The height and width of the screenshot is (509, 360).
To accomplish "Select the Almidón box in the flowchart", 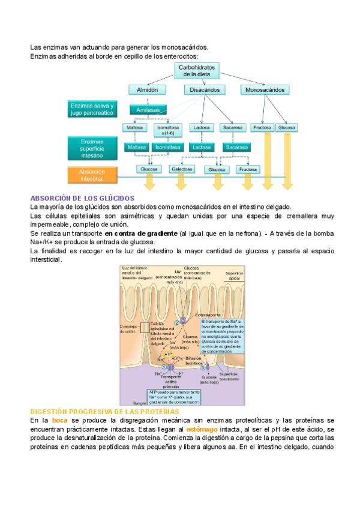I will point(147,89).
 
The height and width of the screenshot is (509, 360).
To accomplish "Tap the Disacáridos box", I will point(205,89).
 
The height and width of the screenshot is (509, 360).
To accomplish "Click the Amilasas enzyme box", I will point(148,110).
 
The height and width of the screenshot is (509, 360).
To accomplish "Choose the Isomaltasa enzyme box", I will point(167,147).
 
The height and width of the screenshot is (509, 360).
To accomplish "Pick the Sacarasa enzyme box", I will point(236,147).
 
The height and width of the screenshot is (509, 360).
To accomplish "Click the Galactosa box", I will point(182,169).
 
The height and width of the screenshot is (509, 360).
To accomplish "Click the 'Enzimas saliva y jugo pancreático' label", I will point(91,109).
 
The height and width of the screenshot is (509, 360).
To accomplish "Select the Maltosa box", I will point(134,128).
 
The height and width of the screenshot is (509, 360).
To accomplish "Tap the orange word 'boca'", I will point(59,421).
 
